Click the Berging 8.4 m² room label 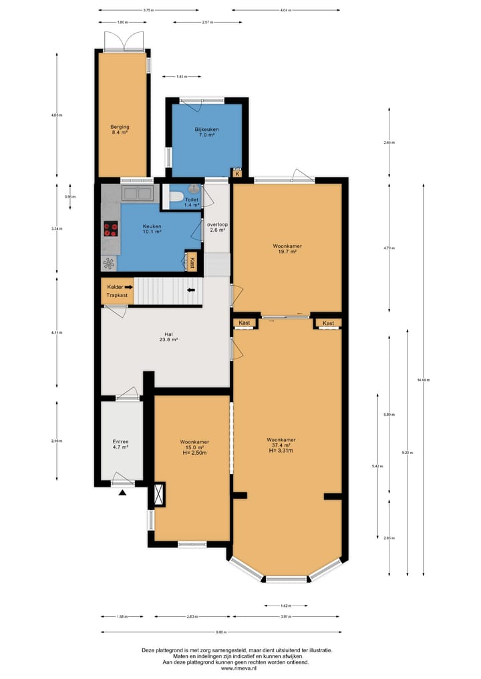pyautogui.click(x=120, y=130)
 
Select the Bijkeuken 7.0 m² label pyautogui.click(x=206, y=132)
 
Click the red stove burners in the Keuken pyautogui.click(x=111, y=230)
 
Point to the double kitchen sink pyautogui.click(x=137, y=194)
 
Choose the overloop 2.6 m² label pyautogui.click(x=217, y=227)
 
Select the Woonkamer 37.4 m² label pyautogui.click(x=281, y=445)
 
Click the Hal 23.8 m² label pyautogui.click(x=168, y=338)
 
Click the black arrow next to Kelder pyautogui.click(x=129, y=286)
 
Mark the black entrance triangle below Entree pyautogui.click(x=122, y=493)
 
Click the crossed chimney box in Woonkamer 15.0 pyautogui.click(x=159, y=495)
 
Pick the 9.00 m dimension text pyautogui.click(x=221, y=632)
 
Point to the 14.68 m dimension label pyautogui.click(x=424, y=380)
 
